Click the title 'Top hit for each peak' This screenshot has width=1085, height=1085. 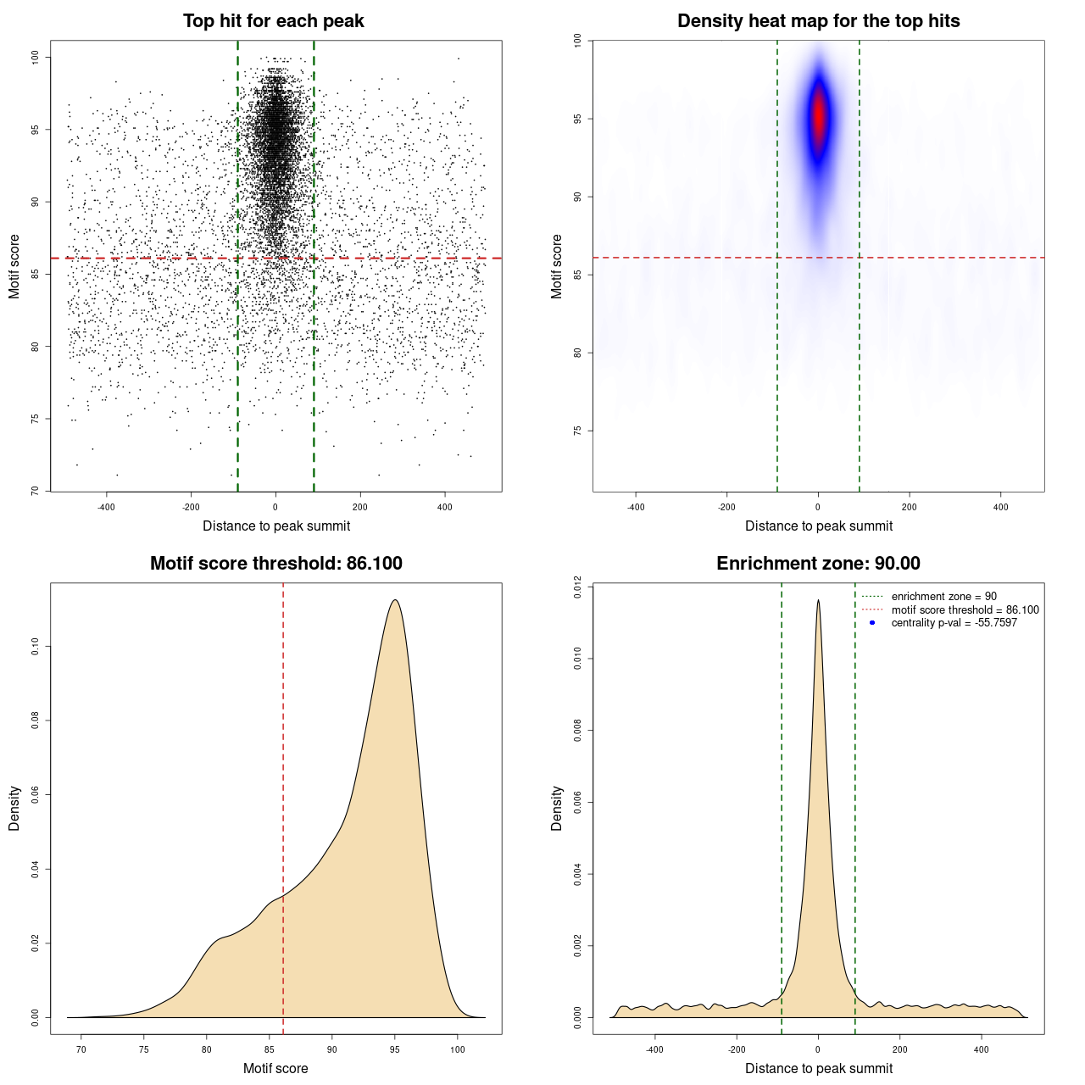pos(273,21)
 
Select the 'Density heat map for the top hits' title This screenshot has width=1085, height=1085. pos(818,21)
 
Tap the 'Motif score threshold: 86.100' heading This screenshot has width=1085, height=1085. pos(275,564)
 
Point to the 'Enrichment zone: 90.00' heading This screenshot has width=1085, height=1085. pos(818,564)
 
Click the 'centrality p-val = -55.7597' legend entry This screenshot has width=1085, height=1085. pos(954,623)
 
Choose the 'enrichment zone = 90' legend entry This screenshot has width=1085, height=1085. pos(943,597)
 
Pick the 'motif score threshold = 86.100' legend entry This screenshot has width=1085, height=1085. pos(965,610)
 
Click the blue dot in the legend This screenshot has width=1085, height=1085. pos(872,623)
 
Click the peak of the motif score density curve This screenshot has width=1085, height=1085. pos(395,600)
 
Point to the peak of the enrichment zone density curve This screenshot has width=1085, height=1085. pos(818,600)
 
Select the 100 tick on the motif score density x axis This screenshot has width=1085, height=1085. pos(458,1049)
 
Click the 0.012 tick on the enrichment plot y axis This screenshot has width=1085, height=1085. pos(578,587)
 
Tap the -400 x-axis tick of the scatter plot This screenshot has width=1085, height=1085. pos(106,507)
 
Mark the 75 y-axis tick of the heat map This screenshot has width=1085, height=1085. pos(578,431)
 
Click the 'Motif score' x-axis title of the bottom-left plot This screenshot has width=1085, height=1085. pos(275,1068)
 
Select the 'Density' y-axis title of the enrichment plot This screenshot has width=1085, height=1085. pos(557,808)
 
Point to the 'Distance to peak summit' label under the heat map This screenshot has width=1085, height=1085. pos(818,526)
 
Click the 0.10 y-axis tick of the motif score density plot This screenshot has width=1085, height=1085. pos(36,647)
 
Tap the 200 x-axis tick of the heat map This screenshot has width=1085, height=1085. pos(909,507)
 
